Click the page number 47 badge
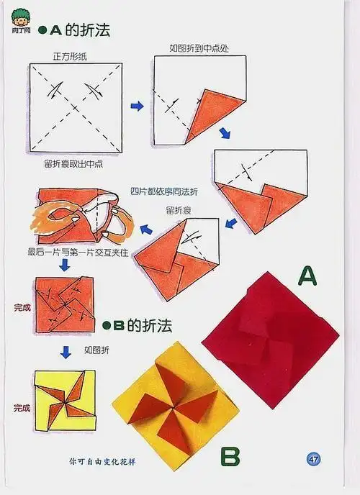313,459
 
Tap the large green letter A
307,276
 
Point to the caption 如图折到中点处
198,48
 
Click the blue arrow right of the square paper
136,106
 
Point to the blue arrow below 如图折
66,352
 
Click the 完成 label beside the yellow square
22,408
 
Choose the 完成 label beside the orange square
22,307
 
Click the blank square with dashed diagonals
74,107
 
